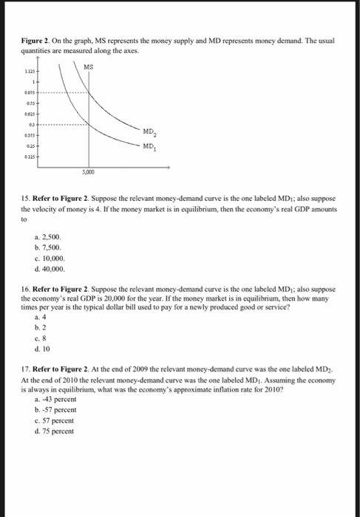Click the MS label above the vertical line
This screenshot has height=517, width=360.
coord(88,66)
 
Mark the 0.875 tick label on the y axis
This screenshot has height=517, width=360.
coord(30,94)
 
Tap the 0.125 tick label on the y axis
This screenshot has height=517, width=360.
coord(30,156)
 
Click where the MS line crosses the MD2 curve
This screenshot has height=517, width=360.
coord(87,94)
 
